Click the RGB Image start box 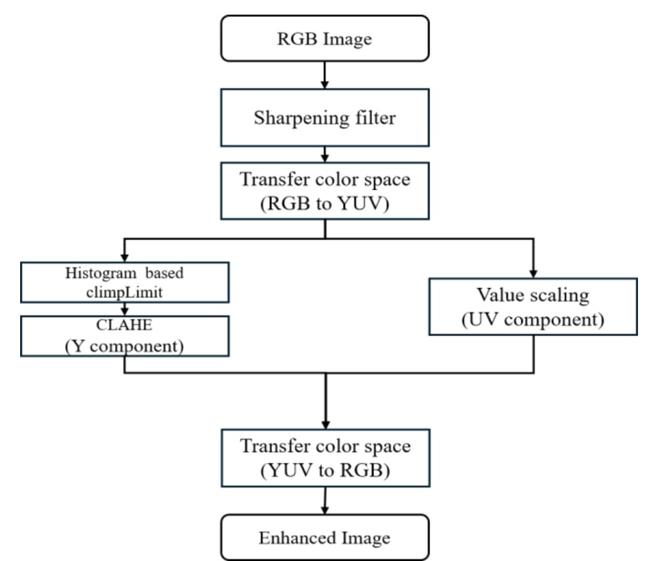[324, 38]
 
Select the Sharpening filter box [324, 117]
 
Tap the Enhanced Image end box [324, 536]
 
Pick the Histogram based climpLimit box [125, 282]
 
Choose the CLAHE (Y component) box [125, 334]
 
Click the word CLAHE [125, 325]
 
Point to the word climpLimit [125, 290]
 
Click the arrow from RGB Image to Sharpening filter [324, 76]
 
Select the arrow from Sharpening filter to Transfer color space [324, 156]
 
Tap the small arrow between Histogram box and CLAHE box [125, 308]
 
